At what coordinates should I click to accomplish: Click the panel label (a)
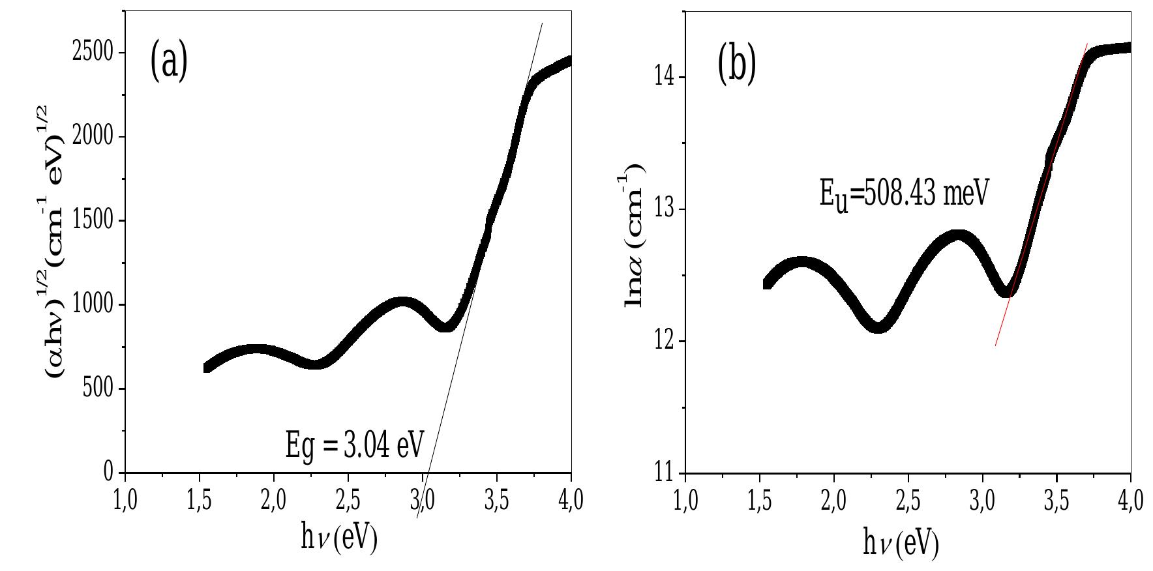pyautogui.click(x=169, y=61)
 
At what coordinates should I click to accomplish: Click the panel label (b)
pyautogui.click(x=736, y=65)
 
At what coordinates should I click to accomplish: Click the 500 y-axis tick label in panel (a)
pyautogui.click(x=98, y=388)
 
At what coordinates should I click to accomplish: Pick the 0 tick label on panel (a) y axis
pyautogui.click(x=109, y=472)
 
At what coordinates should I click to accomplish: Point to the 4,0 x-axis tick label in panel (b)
pyautogui.click(x=1130, y=501)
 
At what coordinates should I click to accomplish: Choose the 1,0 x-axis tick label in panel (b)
pyautogui.click(x=685, y=501)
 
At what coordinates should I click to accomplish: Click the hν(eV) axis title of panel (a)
pyautogui.click(x=339, y=539)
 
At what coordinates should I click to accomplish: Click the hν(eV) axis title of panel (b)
pyautogui.click(x=901, y=542)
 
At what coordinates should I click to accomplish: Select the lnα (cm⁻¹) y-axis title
pyautogui.click(x=635, y=239)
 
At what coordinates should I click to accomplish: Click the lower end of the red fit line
pyautogui.click(x=996, y=345)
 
